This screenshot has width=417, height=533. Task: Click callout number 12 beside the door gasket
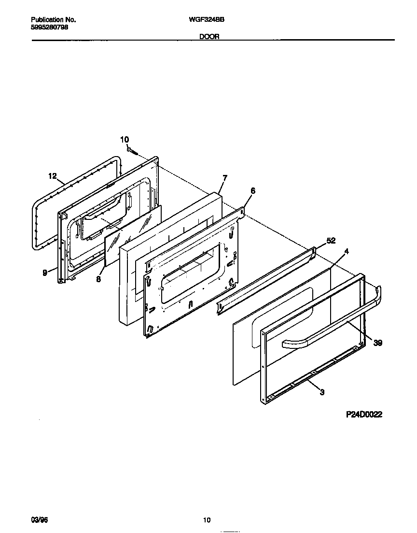53,177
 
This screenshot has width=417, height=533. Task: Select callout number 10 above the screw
125,140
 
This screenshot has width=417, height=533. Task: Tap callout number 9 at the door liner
45,273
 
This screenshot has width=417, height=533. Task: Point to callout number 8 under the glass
98,279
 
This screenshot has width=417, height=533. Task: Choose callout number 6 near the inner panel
252,191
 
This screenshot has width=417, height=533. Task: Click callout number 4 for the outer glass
346,252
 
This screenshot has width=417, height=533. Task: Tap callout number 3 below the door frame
322,392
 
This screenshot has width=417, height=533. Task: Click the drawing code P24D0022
364,415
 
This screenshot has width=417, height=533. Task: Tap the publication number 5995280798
49,27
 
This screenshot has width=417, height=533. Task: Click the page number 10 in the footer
207,520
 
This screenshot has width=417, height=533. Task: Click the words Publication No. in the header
53,20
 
